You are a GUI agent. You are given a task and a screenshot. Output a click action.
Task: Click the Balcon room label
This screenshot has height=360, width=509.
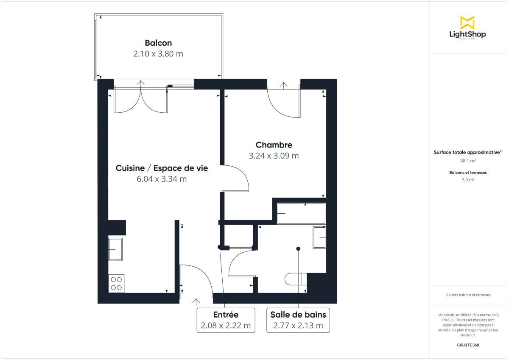point(158,43)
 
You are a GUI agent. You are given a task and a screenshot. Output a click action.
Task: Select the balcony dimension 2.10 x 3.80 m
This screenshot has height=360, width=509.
point(158,54)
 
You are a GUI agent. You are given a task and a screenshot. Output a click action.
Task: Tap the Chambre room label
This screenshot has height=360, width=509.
point(274,145)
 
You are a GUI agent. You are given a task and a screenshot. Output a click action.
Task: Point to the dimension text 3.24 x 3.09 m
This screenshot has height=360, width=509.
point(274,156)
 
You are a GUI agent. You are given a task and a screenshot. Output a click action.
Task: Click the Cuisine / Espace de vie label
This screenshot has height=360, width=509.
point(162,168)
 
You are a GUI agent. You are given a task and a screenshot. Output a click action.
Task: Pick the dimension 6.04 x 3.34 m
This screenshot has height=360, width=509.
point(162,179)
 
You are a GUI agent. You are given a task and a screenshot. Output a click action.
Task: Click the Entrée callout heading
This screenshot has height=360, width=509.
point(226,315)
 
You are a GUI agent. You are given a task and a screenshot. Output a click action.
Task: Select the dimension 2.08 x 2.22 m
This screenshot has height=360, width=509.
point(226,326)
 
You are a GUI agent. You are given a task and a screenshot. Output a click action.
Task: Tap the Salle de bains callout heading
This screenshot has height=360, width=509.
point(298,315)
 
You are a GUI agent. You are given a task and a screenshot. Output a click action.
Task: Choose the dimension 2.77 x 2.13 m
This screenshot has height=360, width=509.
point(298,326)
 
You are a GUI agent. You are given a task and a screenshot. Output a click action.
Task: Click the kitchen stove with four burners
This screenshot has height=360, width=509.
point(116,283)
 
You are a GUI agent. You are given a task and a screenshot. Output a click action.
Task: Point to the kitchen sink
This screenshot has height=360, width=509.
point(115,250)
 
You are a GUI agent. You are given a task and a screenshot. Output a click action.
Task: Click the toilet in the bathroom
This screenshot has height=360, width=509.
point(295,279)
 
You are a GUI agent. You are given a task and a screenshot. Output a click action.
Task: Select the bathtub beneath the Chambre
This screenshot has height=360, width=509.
point(301,213)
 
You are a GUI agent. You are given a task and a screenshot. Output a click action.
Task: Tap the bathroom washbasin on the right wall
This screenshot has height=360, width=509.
point(319,237)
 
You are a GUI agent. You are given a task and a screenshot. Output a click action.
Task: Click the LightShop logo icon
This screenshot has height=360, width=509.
point(467,22)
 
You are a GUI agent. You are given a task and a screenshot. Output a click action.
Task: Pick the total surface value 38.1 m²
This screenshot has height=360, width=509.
point(468,161)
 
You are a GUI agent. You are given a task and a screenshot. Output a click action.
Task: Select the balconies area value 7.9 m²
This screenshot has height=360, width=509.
point(468,180)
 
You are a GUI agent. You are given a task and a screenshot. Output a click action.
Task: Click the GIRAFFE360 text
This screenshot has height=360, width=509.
point(468,345)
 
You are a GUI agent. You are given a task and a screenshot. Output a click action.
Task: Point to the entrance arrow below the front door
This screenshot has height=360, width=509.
point(196,301)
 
